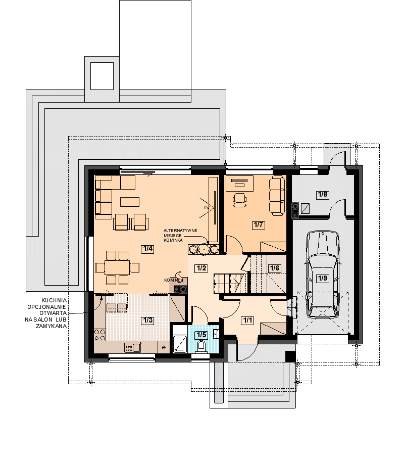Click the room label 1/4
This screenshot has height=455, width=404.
pos(147,249)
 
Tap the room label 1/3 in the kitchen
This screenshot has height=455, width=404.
pos(147,320)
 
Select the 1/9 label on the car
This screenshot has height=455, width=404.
pos(323,278)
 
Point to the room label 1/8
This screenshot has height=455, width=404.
pos(323,195)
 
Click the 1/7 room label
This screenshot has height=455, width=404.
pos(258,224)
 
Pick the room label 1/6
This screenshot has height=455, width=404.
pos(274,268)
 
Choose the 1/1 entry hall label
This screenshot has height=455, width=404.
pos(247,321)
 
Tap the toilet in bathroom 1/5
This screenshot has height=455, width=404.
pos(201,346)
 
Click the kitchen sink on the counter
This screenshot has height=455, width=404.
pos(132,347)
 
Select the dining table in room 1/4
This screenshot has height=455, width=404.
pos(117,267)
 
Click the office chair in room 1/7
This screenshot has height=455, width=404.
pos(240,200)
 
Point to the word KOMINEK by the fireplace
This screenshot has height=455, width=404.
pos(173,280)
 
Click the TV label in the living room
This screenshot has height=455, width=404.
pos(206,208)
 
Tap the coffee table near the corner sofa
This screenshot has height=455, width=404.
pos(130,202)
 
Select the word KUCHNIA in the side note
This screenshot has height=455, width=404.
pos(54,300)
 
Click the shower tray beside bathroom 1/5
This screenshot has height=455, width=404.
pos(180,344)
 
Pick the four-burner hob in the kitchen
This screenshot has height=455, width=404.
pos(99,334)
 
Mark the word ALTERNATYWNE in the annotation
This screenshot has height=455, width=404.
pos(180,231)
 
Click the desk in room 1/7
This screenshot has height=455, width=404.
pos(239,184)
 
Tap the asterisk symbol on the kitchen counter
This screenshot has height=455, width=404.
pos(164,347)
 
